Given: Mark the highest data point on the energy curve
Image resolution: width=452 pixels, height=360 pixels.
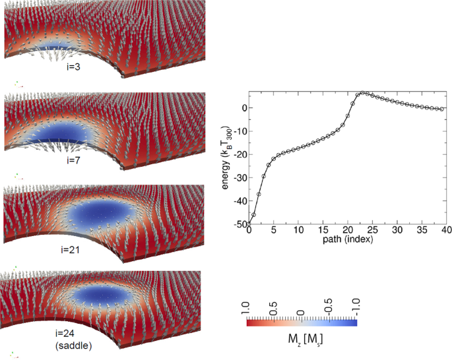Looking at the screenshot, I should (362, 93).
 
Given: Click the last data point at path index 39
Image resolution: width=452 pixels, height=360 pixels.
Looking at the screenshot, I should (441, 109).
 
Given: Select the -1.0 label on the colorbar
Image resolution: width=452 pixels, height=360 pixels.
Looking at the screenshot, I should (355, 308).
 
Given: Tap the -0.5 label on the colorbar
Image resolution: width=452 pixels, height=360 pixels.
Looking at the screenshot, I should (328, 308).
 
